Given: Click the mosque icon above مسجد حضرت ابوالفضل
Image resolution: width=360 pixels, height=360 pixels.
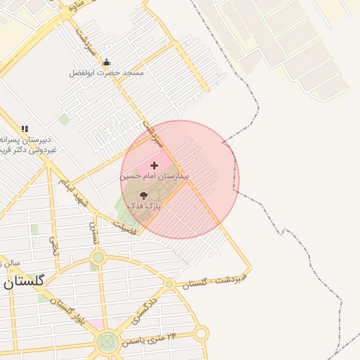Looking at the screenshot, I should click(106, 62).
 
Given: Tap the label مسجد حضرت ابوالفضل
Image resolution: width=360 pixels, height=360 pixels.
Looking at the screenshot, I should click(106, 73).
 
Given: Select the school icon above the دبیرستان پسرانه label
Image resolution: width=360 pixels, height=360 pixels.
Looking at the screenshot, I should click(25, 128).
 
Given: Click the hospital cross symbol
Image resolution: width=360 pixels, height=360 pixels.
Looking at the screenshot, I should click(155, 165).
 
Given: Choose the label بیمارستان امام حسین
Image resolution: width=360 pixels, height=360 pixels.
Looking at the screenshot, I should click(155, 176).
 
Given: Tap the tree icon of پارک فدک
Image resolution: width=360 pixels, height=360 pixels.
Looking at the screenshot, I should click(143, 194).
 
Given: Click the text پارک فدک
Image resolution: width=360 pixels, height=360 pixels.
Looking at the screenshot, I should click(144, 206).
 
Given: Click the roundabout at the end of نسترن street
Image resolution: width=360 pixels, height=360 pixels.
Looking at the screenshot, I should click(98, 258).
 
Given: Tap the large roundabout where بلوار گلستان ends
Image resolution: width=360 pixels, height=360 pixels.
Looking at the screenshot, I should click(107, 342).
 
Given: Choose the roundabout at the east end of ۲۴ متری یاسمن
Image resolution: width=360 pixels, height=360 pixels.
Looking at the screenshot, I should click(202, 333).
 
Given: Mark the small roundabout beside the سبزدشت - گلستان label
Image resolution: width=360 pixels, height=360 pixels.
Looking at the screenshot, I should click(169, 284).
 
